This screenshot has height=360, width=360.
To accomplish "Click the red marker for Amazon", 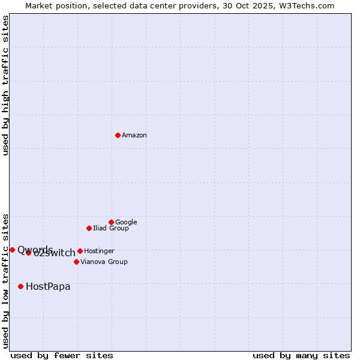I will tap(118, 135).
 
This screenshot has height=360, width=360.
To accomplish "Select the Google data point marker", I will tap(111, 222).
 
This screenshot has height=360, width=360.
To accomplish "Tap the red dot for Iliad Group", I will tap(89, 228).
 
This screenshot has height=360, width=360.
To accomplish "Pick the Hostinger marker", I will tap(80, 251).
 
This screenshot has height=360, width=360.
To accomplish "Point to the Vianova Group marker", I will tap(76, 262).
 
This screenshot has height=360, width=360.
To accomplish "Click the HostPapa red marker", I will tap(20, 286).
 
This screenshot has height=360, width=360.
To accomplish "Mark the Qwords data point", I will tap(12, 250).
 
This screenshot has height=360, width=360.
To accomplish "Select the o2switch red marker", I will tap(28, 253).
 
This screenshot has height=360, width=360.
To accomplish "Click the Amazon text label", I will tap(134, 136).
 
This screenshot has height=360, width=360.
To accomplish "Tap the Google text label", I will tap(126, 222).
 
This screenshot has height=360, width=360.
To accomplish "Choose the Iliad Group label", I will tap(111, 228).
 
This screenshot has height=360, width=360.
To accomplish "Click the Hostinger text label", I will tap(99, 251).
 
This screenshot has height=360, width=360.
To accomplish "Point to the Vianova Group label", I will tap(104, 262).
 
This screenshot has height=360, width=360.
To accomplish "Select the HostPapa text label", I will tap(48, 286).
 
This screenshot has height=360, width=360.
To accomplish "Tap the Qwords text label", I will tap(35, 250).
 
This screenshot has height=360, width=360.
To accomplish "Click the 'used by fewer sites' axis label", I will tap(62, 355).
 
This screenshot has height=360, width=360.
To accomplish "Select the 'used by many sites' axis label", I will tap(301, 355).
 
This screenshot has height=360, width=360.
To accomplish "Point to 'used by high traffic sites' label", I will tap(6, 85).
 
